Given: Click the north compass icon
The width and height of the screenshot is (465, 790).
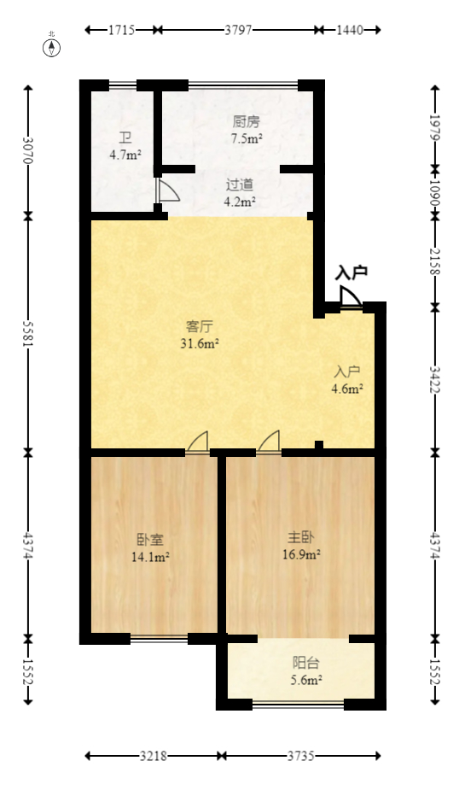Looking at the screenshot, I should click(52, 45).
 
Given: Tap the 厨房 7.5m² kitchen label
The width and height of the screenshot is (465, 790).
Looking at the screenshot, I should click(247, 129).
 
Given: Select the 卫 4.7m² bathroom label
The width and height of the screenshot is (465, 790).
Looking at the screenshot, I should click(125, 146).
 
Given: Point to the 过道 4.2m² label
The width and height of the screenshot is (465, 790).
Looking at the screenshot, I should click(240, 193).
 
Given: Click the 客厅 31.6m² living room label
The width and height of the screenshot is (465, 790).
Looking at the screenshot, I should click(200, 335).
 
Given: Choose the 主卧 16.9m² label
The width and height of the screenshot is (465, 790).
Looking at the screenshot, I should click(303, 545).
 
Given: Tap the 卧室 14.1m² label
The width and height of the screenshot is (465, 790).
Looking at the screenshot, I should click(149, 548).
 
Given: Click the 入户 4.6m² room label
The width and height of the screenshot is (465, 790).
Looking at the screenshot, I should click(347, 380).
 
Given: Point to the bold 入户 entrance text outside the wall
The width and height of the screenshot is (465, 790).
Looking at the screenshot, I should click(352, 272).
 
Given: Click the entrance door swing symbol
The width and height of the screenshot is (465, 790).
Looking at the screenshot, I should click(350, 297).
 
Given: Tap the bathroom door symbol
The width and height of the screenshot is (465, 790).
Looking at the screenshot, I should click(166, 190).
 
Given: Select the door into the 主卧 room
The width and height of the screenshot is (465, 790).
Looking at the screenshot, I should click(269, 442).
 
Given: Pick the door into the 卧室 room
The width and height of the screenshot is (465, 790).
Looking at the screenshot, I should click(198, 442).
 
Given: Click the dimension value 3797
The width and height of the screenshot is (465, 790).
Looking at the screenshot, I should click(238, 30).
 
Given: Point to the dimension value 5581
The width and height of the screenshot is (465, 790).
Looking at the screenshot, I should click(28, 333).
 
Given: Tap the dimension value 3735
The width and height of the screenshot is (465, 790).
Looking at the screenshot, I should click(301, 756).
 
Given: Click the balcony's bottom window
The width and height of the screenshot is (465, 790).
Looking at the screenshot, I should click(299, 705).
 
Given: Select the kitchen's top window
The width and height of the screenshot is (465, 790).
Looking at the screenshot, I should click(242, 85).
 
